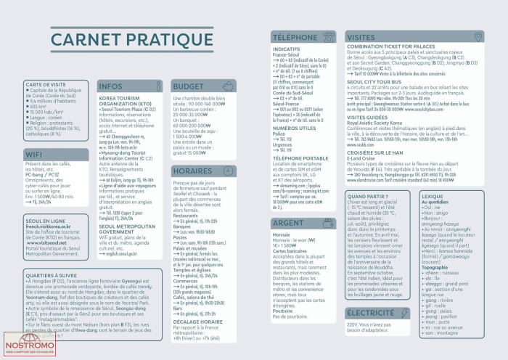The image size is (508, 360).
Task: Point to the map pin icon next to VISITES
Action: (478, 36)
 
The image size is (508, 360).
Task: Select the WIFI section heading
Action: (34, 155)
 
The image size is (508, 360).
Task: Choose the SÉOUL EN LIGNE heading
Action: (46, 220)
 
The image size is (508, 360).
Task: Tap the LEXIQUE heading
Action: (432, 196)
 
